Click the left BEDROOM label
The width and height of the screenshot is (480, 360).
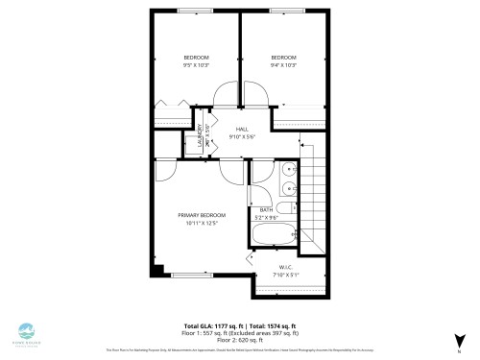(x=196, y=57)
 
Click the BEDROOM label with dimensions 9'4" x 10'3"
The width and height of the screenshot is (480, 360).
(x=283, y=57)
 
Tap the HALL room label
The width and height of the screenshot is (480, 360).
(x=242, y=129)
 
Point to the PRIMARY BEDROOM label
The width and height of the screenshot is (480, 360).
(x=202, y=214)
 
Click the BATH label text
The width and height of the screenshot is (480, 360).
(x=266, y=209)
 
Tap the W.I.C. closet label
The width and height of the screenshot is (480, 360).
(x=286, y=267)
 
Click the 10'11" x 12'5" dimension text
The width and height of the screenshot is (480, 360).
(x=202, y=223)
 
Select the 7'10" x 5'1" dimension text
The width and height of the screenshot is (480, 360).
(x=286, y=275)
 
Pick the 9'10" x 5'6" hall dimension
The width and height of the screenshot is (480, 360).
(x=242, y=136)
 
